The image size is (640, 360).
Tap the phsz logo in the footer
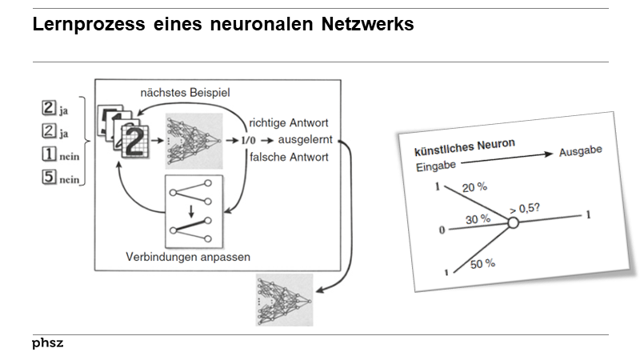(47, 343)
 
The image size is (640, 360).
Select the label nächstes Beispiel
(184, 93)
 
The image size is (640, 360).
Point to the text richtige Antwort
(289, 122)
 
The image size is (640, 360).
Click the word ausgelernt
(307, 139)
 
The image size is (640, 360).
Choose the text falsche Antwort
(288, 157)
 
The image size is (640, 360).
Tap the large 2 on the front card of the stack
(136, 142)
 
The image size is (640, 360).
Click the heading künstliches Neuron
(463, 148)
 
